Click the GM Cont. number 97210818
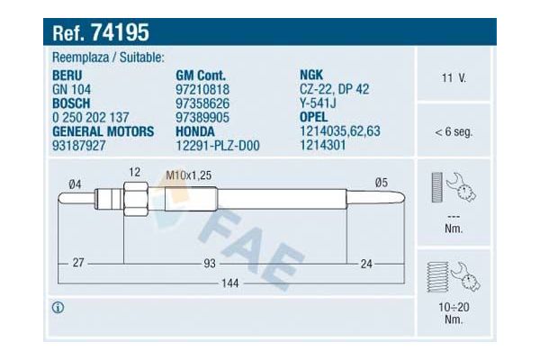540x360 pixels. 202,90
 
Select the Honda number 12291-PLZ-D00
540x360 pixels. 217,144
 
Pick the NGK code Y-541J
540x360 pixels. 319,103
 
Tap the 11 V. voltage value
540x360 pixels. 454,77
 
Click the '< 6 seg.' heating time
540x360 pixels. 454,131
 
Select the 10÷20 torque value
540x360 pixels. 454,308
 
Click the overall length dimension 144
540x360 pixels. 231,283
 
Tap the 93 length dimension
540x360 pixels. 209,263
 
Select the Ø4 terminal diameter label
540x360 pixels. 75,184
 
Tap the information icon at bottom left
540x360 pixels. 58,308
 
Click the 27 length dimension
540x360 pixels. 77,263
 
